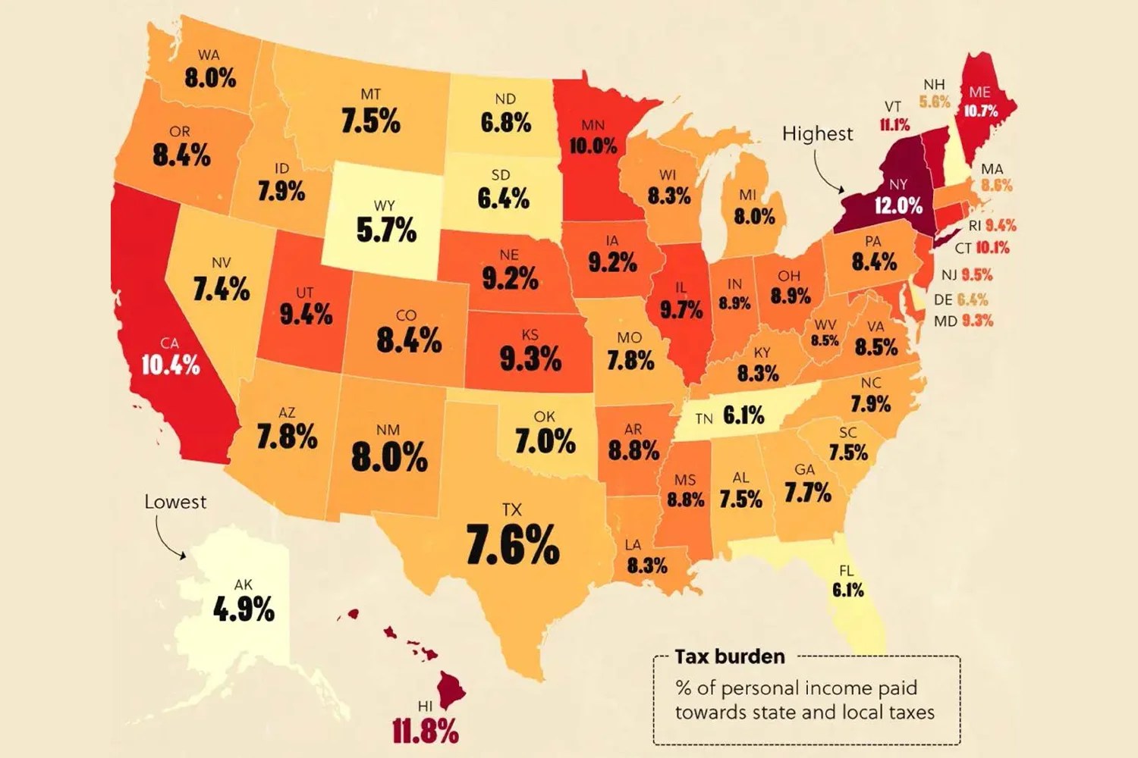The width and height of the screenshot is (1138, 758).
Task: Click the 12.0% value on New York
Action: (898, 205)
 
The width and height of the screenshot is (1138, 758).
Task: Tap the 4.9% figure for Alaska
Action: (244, 609)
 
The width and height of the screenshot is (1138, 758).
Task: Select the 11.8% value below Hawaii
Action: (426, 731)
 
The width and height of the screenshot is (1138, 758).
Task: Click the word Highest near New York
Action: (817, 133)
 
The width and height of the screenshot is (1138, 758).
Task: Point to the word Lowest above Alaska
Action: (175, 502)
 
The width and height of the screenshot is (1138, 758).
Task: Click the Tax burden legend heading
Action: (729, 656)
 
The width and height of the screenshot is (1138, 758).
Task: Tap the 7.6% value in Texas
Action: (512, 545)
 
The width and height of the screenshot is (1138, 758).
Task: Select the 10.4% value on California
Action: (171, 365)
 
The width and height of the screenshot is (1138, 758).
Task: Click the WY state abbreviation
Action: (385, 205)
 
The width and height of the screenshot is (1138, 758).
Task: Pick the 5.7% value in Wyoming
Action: (386, 230)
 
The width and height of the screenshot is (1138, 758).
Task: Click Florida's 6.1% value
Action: (847, 590)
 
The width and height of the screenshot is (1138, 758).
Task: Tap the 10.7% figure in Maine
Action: (980, 111)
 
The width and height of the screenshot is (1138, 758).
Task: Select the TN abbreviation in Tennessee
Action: (704, 418)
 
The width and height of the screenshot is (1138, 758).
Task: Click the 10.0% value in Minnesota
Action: (593, 146)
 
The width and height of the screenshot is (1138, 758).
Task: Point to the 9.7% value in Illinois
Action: (681, 309)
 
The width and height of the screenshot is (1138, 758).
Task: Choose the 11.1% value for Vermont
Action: (894, 125)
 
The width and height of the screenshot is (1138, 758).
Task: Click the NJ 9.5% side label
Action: (967, 274)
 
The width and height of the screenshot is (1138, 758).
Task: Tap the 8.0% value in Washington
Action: (210, 77)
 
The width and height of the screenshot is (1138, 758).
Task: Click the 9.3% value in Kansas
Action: (530, 359)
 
